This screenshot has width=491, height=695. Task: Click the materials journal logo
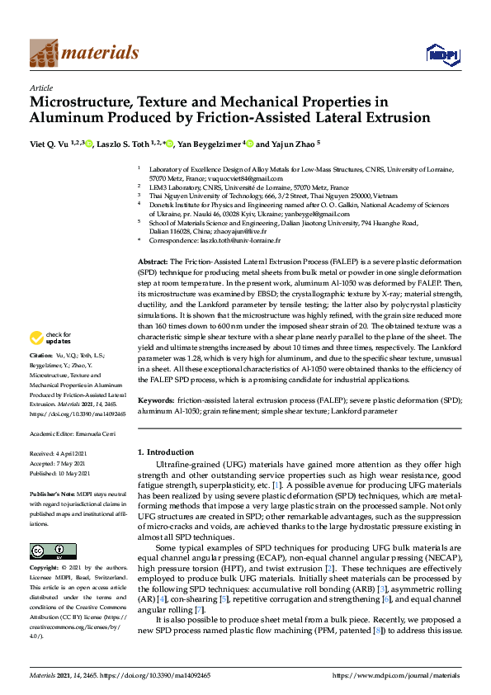(x=83, y=52)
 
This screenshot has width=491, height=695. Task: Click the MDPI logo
(x=437, y=54)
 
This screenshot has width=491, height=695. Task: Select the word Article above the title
(x=40, y=87)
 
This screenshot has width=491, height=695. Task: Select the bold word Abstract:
(x=153, y=260)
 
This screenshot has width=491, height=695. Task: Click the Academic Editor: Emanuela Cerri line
(x=72, y=433)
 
